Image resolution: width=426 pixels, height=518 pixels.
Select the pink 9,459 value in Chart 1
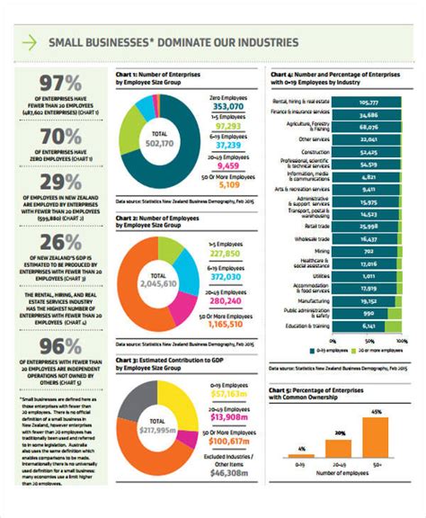[x=228, y=166]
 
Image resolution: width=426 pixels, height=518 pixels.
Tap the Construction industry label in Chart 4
[x=315, y=152]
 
